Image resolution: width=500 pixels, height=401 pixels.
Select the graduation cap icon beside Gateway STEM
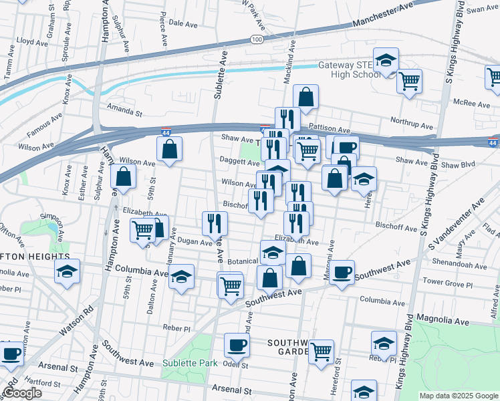coord(386,61)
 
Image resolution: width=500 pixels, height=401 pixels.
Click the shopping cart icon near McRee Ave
coord(409,82)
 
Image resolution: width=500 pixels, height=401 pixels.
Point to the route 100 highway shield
coord(257,40)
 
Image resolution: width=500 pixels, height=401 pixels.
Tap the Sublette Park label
coord(190,364)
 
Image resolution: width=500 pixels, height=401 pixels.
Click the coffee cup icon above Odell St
coord(237,346)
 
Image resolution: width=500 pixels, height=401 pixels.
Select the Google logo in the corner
coord(22,392)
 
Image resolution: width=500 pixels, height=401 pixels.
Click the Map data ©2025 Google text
coord(459,396)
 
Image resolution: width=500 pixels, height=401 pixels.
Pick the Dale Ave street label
coord(183,23)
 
